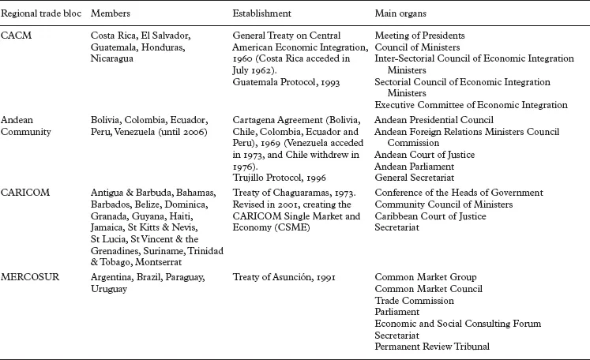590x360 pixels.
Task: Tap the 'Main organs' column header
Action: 402,15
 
